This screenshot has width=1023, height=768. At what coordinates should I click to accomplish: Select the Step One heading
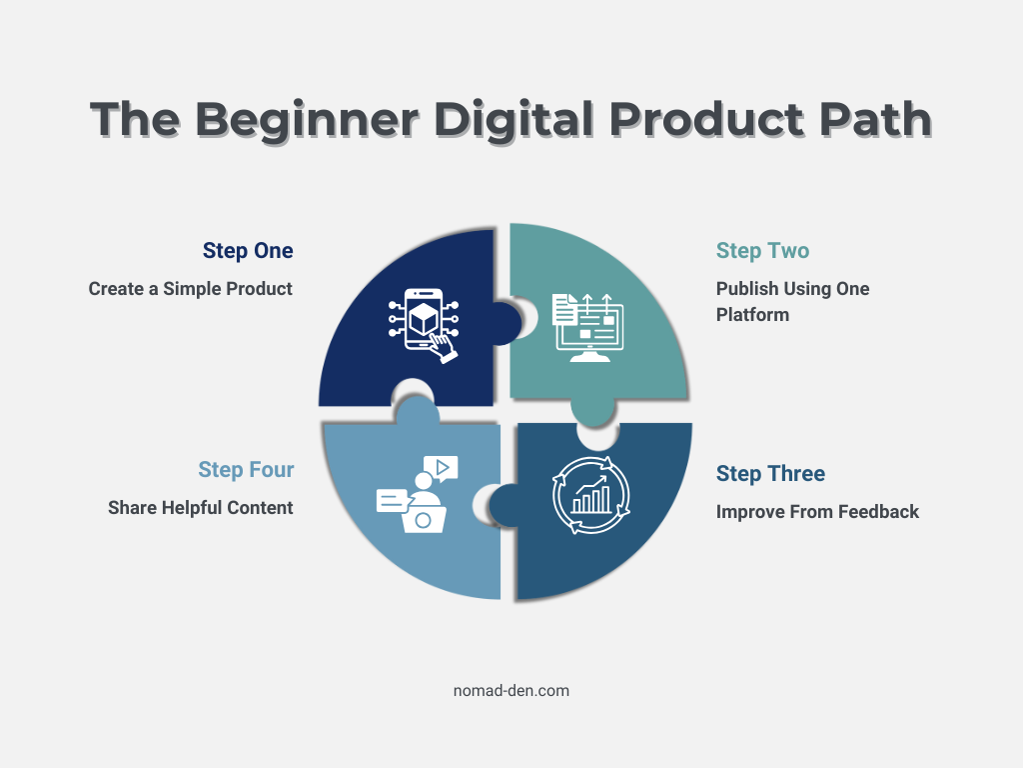(x=248, y=250)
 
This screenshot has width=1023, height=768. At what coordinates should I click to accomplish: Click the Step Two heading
(x=762, y=250)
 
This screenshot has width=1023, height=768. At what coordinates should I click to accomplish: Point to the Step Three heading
(x=770, y=473)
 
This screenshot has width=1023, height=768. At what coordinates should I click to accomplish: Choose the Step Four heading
(x=246, y=469)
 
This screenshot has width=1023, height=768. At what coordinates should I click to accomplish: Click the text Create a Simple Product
(x=190, y=289)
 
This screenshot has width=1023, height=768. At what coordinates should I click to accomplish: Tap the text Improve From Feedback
(x=817, y=512)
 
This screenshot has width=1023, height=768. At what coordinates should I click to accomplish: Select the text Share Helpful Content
(x=200, y=508)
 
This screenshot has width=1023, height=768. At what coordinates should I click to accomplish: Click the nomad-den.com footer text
(x=511, y=690)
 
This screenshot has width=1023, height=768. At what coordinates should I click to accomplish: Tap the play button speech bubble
(x=441, y=466)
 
